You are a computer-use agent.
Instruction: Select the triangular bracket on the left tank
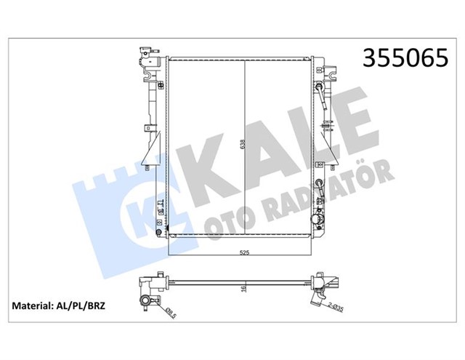[x=152, y=153]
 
